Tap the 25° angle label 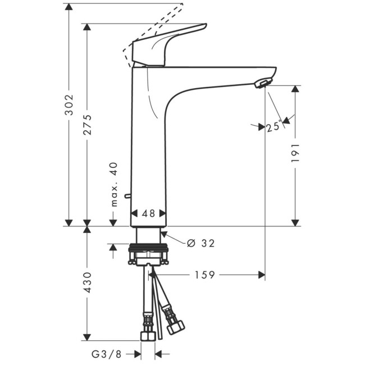(x=274, y=127)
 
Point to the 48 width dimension (x=148, y=213)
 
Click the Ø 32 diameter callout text (x=200, y=243)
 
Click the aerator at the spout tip (x=262, y=84)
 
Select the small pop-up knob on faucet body (x=128, y=197)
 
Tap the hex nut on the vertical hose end (x=148, y=335)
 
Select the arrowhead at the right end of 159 (x=261, y=275)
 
